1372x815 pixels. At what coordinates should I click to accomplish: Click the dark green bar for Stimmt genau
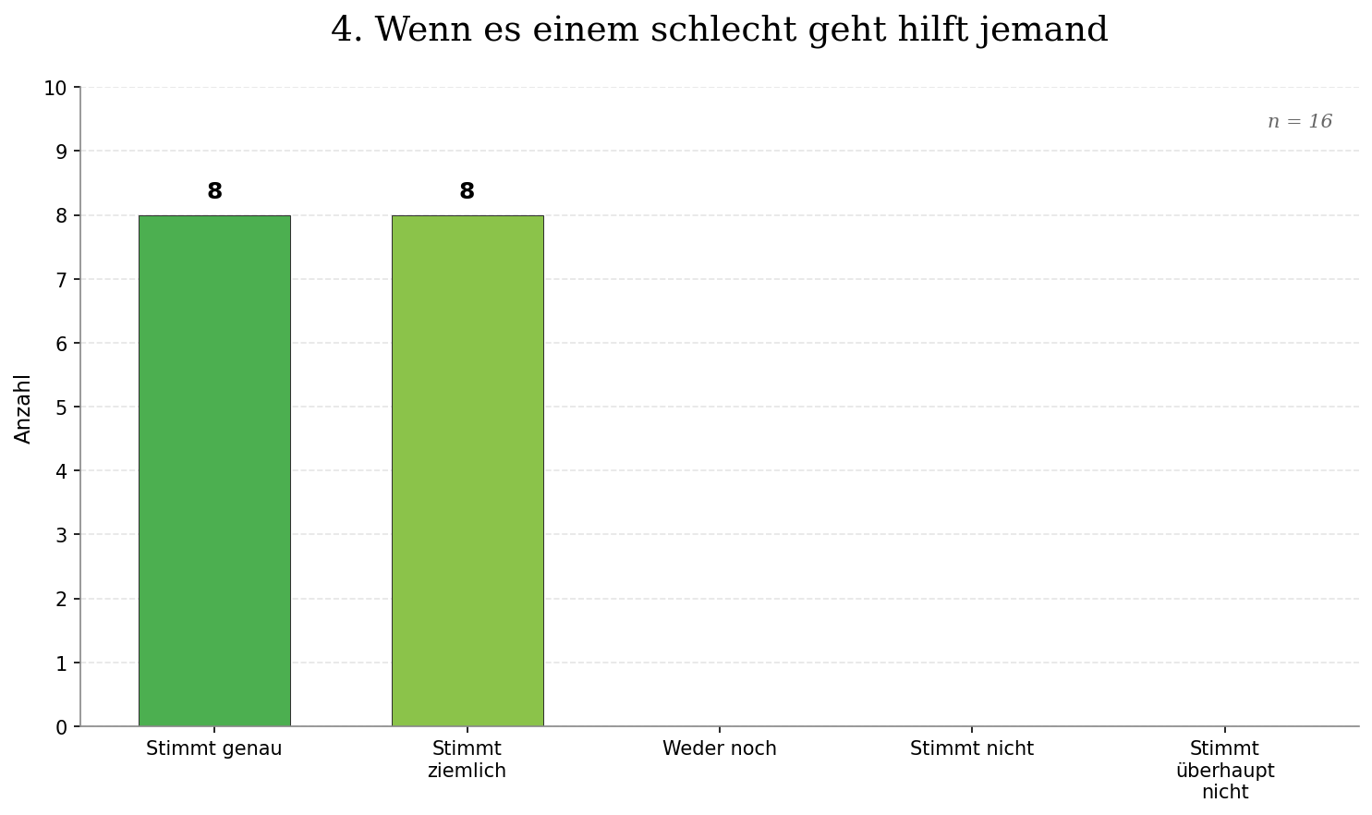[214, 470]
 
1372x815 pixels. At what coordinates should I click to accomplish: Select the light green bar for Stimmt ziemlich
[467, 470]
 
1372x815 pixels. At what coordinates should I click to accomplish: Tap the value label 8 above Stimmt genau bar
[214, 191]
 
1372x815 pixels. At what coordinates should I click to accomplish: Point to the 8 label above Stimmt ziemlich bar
[467, 191]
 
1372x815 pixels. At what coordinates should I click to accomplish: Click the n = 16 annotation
[1299, 122]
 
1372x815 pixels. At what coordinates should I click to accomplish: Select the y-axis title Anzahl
[23, 408]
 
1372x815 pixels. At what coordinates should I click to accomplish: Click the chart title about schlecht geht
[719, 30]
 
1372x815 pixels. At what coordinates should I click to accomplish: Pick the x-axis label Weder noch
[719, 748]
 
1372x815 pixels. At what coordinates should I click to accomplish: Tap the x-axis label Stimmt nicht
[971, 748]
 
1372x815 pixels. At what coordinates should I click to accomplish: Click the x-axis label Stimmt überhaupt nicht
[1224, 770]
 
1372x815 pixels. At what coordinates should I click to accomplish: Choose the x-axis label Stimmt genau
[214, 748]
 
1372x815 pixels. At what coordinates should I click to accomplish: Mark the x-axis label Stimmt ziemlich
[467, 760]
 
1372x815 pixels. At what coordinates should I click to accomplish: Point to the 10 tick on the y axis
[55, 88]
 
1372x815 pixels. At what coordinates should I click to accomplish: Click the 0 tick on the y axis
[61, 727]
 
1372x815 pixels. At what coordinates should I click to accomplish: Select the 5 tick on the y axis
[61, 407]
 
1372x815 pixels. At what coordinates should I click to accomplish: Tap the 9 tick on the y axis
[61, 152]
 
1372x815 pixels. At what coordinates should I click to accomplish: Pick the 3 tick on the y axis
[61, 535]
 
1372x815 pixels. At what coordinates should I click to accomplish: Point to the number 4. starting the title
[346, 30]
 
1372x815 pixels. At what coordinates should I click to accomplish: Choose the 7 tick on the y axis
[61, 279]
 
